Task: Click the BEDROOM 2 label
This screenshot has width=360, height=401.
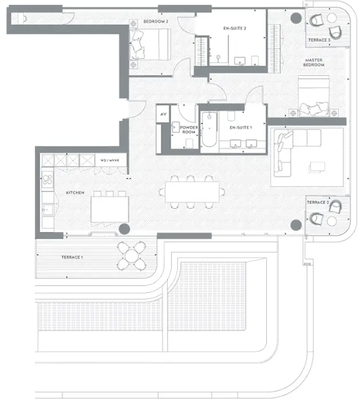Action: point(156,21)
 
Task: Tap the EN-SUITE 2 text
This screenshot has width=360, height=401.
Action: point(235,28)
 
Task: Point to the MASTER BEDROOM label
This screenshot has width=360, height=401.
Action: point(317,64)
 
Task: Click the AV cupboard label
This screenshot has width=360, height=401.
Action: point(163,114)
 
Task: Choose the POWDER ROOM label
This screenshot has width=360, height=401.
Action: point(190,130)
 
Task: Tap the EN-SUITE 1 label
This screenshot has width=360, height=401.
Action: point(241,128)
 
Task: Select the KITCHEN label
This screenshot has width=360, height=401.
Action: point(75,194)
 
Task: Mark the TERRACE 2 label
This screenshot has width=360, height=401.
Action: point(318,203)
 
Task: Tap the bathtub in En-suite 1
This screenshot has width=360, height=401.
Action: point(209,130)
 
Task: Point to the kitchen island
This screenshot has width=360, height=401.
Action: point(110,207)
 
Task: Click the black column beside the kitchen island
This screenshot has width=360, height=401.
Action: point(124,229)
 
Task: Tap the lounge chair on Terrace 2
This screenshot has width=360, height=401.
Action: point(318,218)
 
